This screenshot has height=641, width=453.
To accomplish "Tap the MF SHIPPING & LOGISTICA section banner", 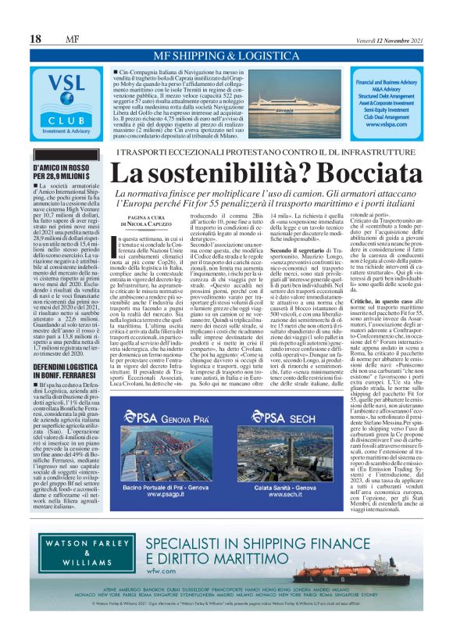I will pos(226,56).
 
